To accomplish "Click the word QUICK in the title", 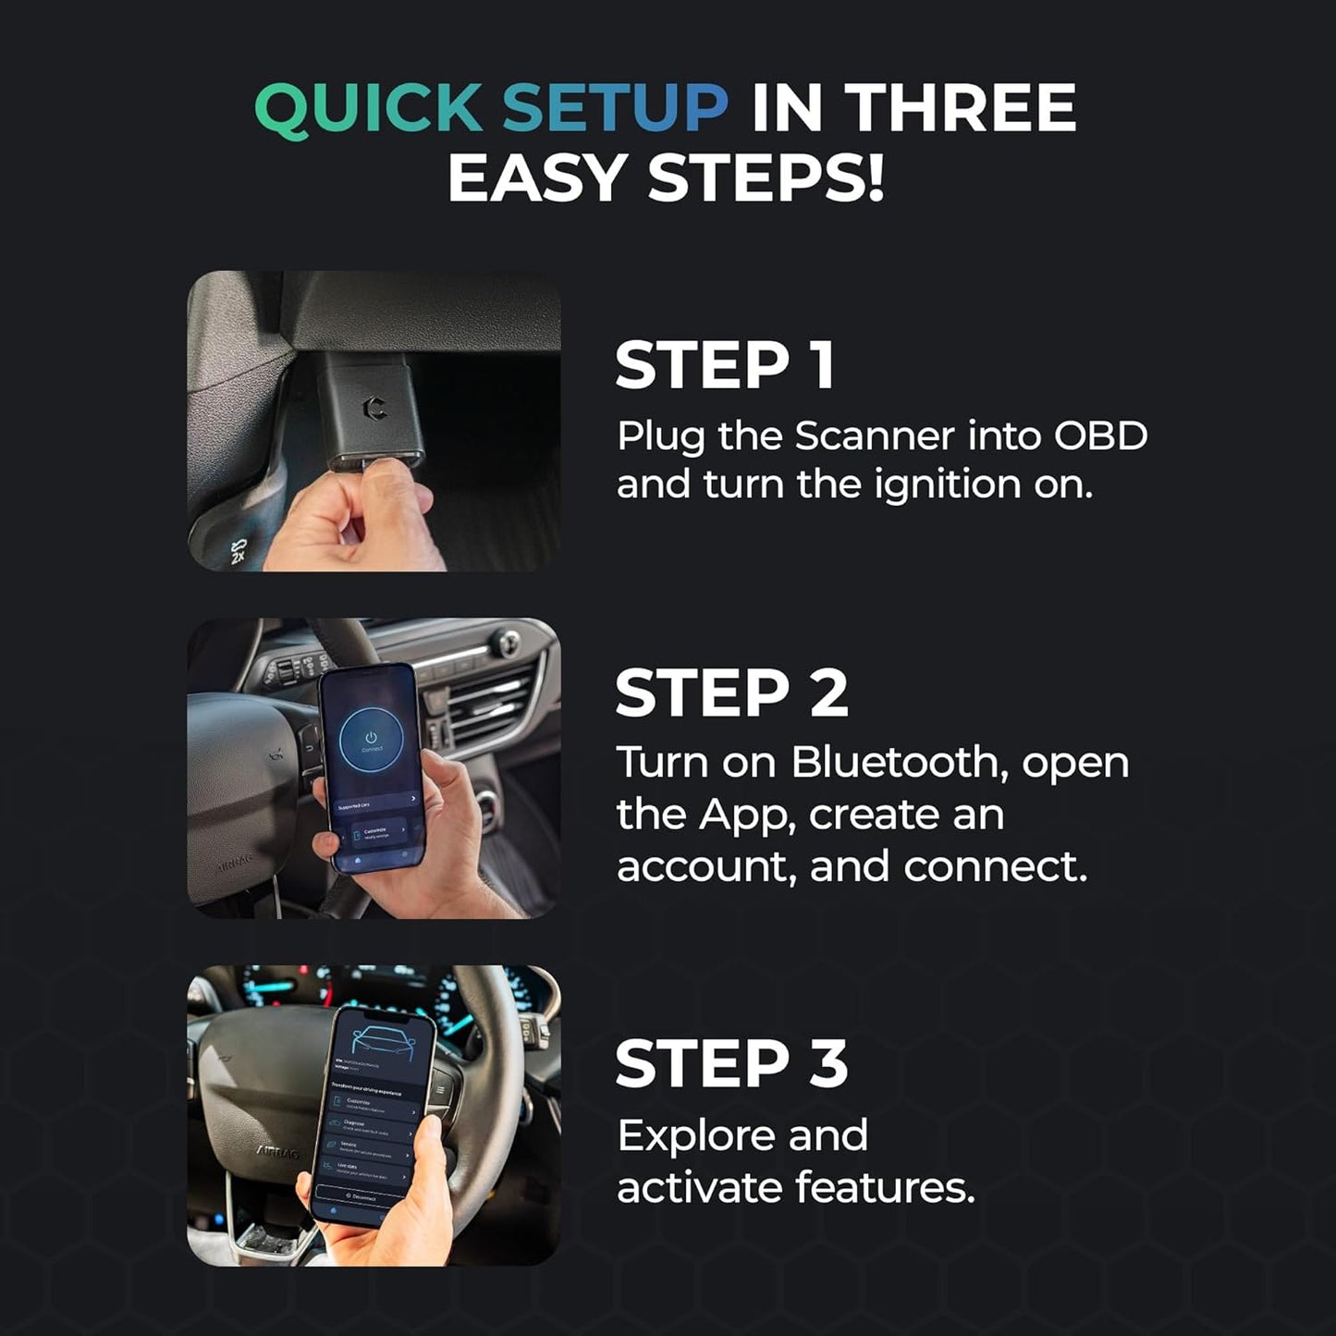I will click(368, 108).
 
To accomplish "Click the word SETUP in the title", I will click(615, 108).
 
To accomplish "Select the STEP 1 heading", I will click(725, 365).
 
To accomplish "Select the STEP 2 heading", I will click(730, 693).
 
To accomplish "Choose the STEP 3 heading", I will click(730, 1064).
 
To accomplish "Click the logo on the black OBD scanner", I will click(374, 407).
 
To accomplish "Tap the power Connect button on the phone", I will click(371, 740).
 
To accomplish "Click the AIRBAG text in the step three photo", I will click(277, 1154).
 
